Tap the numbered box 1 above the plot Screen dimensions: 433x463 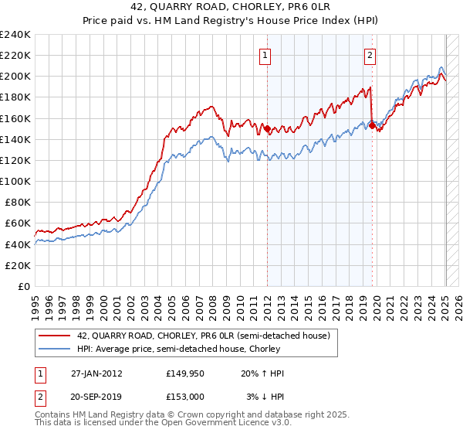[x=265, y=55]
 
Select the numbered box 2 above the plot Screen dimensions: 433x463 [x=370, y=55]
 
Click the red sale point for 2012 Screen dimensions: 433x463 [x=267, y=129]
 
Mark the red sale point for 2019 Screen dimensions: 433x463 [x=372, y=126]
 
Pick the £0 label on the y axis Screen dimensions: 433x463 [x=24, y=286]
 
